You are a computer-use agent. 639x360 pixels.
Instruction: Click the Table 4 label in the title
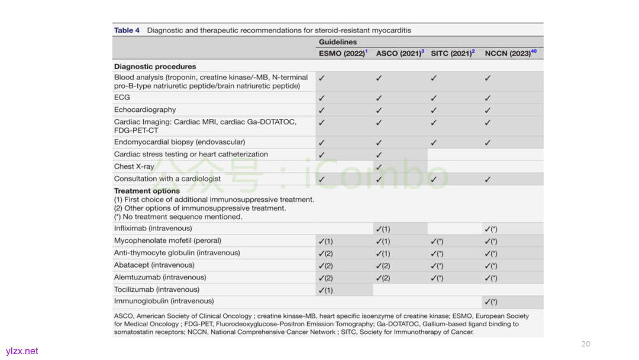(127, 30)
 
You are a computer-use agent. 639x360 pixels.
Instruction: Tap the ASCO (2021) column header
(399, 53)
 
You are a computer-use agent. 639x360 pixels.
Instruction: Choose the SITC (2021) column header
(452, 53)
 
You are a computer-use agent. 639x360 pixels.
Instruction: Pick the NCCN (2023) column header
(509, 53)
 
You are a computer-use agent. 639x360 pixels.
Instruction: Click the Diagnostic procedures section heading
(155, 66)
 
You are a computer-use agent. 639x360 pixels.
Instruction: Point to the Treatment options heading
(147, 191)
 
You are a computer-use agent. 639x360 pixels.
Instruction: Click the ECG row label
(122, 97)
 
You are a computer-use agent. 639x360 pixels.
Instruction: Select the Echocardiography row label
(145, 110)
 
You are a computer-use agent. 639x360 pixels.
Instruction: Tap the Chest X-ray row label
(134, 166)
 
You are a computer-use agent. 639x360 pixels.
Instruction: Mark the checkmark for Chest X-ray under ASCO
(379, 167)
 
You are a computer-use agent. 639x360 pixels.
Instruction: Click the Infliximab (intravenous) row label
(153, 228)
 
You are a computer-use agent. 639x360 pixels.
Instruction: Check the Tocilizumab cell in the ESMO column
(325, 290)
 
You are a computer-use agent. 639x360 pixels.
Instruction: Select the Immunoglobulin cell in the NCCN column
(490, 302)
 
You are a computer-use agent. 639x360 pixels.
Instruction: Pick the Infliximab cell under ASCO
(383, 229)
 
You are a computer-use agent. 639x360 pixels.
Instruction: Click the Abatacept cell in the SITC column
(437, 266)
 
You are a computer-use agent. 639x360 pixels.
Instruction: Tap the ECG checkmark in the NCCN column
(488, 98)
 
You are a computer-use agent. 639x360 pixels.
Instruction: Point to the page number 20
(586, 344)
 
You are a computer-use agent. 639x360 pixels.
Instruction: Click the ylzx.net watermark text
(22, 351)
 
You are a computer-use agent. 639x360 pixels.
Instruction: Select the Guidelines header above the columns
(338, 42)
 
